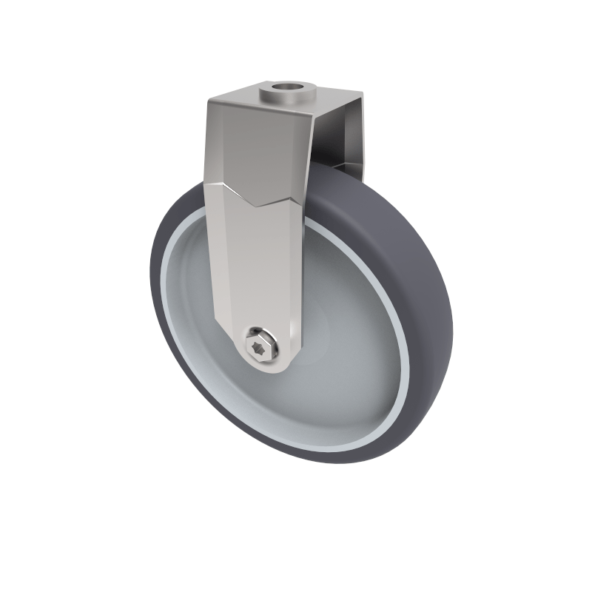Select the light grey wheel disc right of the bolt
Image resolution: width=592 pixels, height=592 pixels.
(348, 348)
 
